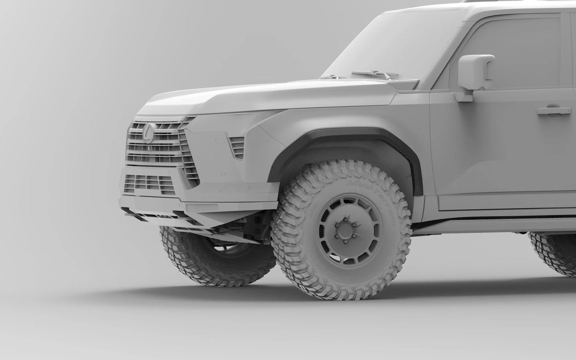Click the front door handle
(x=552, y=110)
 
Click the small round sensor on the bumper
(x=223, y=174)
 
